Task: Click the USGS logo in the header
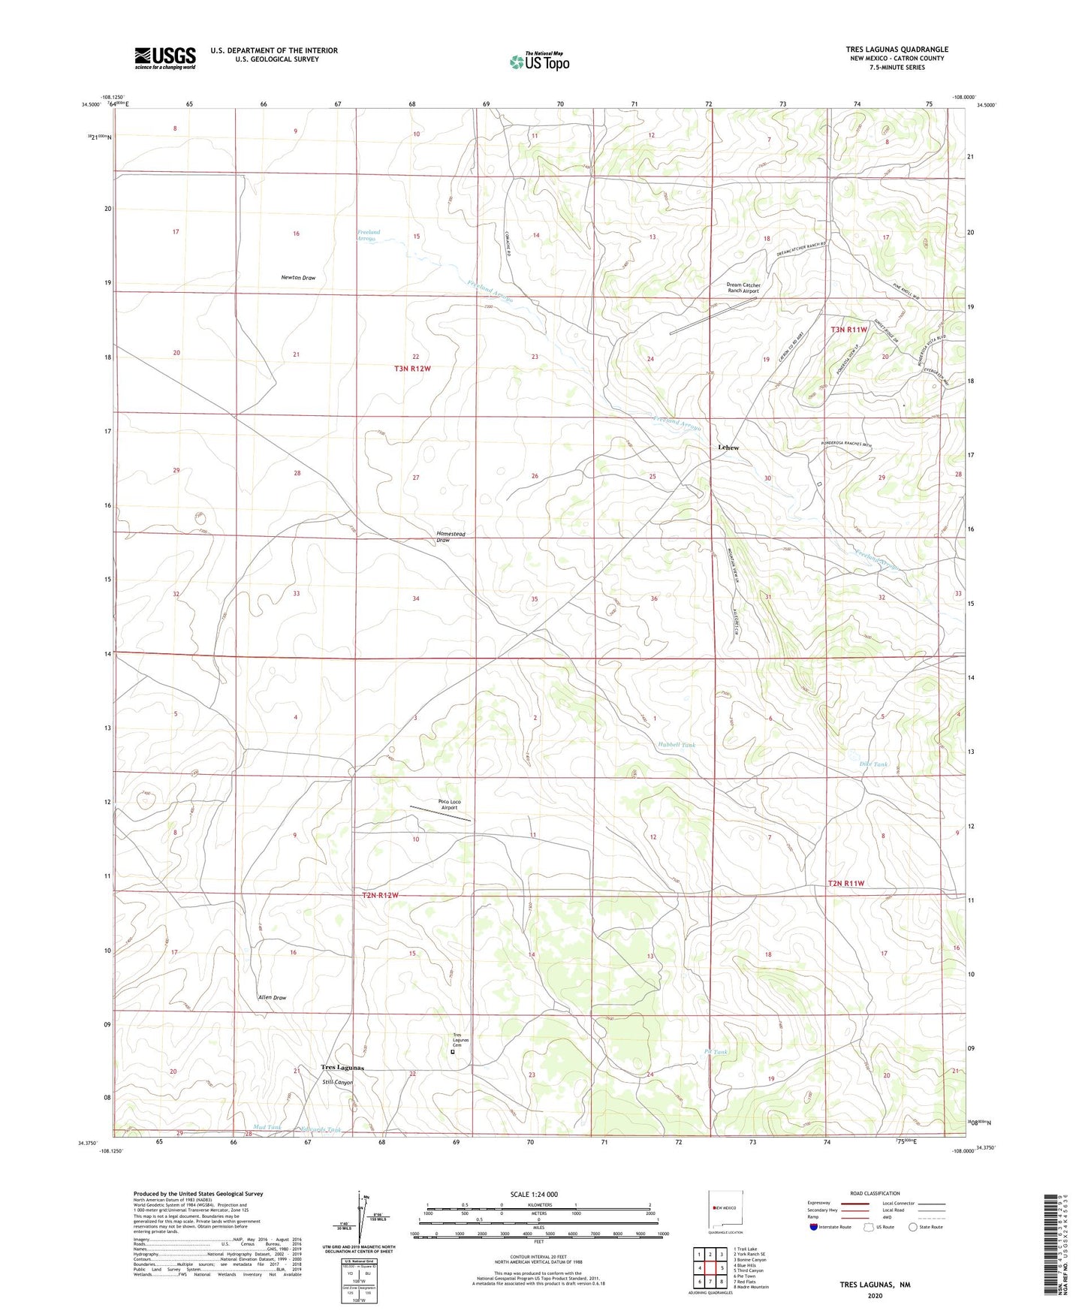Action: click(164, 58)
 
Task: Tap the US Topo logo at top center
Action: click(539, 62)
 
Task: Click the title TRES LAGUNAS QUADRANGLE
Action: click(897, 50)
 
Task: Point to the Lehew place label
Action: click(728, 448)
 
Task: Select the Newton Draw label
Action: click(298, 278)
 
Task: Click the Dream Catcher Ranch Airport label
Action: click(743, 288)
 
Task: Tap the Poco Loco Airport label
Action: click(449, 805)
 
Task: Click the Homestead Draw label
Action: click(451, 537)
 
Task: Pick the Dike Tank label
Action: click(873, 764)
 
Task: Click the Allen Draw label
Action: click(272, 998)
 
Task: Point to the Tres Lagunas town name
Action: click(342, 1067)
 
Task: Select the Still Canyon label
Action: click(337, 1082)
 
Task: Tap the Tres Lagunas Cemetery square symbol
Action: click(452, 1052)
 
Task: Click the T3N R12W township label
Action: click(412, 369)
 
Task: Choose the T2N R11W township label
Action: click(845, 883)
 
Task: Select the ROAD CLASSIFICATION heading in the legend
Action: click(875, 1193)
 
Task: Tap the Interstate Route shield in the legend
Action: click(815, 1227)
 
